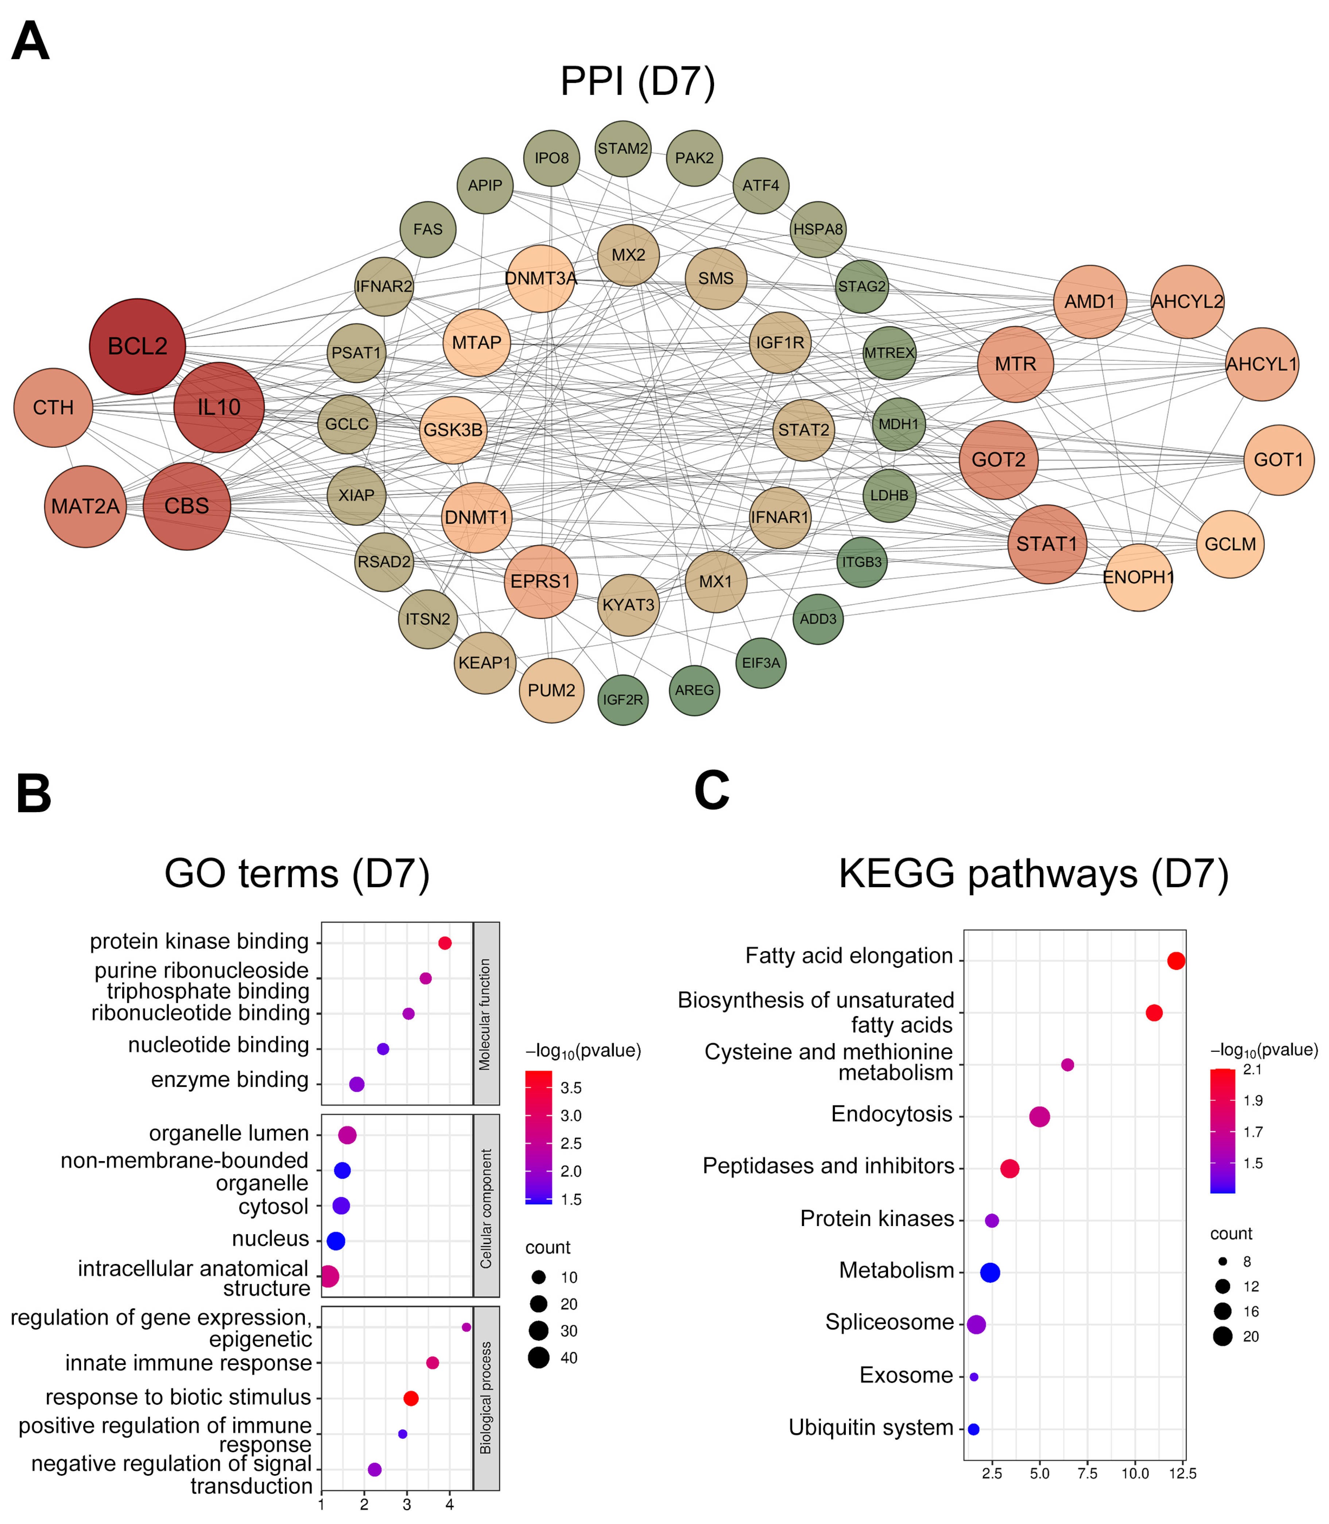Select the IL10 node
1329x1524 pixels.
pyautogui.click(x=219, y=407)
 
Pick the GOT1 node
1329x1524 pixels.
pyautogui.click(x=1278, y=460)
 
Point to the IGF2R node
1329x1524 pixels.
pyautogui.click(x=623, y=699)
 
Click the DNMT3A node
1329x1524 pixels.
pyautogui.click(x=540, y=279)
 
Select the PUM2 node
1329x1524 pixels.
pyautogui.click(x=551, y=690)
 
